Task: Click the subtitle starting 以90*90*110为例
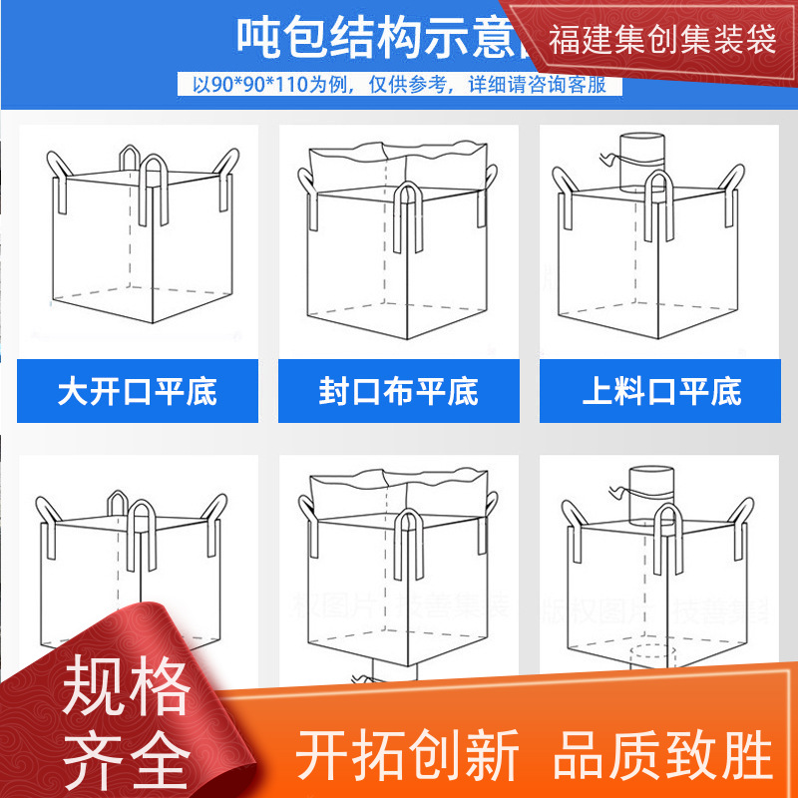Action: pyautogui.click(x=399, y=85)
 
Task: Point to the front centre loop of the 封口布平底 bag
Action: pyautogui.click(x=409, y=214)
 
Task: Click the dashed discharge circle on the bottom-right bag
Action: pyautogui.click(x=652, y=653)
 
